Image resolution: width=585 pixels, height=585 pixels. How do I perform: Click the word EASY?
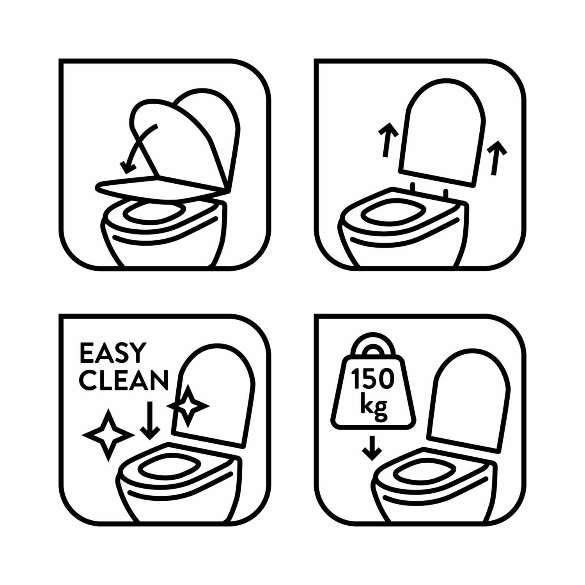(x=113, y=353)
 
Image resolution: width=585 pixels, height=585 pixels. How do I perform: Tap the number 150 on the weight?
(x=373, y=379)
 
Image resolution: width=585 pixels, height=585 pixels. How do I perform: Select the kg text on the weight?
(x=374, y=406)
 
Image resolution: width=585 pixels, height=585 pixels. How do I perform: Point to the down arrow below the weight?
(x=372, y=448)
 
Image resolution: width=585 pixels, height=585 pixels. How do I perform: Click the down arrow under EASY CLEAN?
(x=150, y=420)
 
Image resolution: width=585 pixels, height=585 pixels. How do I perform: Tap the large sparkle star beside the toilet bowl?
(x=108, y=434)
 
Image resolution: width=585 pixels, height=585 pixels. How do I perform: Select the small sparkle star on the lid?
(x=188, y=406)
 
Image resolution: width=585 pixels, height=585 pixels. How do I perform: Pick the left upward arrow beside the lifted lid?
(x=387, y=140)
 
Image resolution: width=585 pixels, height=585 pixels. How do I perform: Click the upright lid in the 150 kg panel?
(x=468, y=400)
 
